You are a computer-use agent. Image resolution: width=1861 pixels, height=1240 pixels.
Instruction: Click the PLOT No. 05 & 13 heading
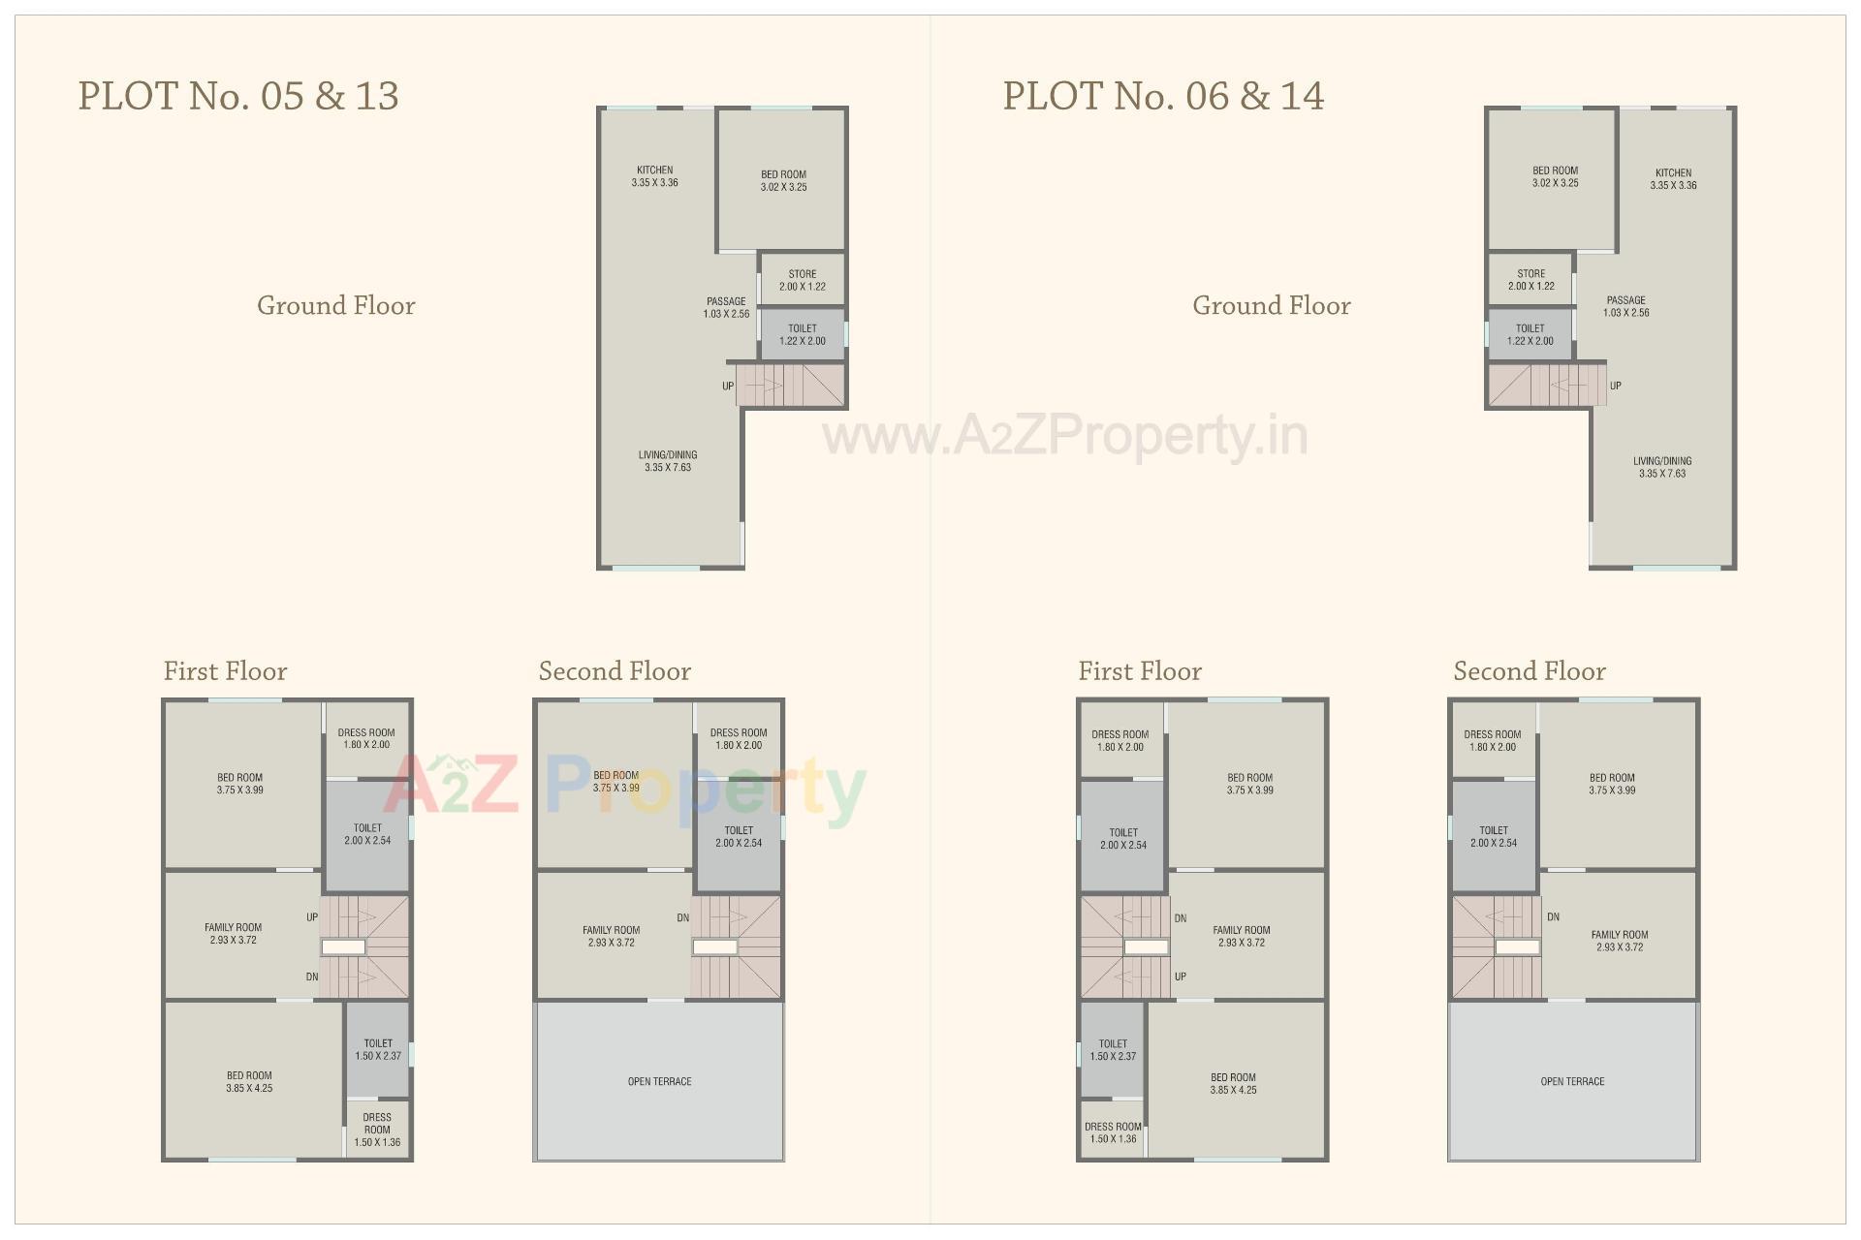[x=238, y=96]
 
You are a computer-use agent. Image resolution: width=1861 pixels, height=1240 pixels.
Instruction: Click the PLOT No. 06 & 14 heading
[x=1163, y=96]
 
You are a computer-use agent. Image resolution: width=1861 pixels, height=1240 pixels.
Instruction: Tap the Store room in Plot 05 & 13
[x=802, y=280]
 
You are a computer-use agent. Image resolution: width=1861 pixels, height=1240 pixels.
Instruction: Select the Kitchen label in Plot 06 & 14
[x=1673, y=178]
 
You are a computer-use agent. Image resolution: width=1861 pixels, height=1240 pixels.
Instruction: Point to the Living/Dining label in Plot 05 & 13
[x=667, y=461]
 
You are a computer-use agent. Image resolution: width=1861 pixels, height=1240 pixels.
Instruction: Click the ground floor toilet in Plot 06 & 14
[x=1530, y=334]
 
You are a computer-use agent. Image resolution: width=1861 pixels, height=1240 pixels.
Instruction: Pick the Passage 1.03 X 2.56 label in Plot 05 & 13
[x=726, y=307]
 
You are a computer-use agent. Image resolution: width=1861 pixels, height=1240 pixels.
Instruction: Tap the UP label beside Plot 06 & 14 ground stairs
[x=1616, y=386]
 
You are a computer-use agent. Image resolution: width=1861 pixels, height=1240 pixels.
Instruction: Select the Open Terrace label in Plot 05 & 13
[x=659, y=1081]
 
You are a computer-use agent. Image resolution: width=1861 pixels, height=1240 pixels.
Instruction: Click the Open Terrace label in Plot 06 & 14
[x=1572, y=1081]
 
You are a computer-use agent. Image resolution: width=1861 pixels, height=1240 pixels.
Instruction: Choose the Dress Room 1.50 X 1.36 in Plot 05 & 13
[x=377, y=1130]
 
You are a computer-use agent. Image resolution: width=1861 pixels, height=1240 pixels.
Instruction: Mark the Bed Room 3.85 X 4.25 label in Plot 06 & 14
[x=1233, y=1083]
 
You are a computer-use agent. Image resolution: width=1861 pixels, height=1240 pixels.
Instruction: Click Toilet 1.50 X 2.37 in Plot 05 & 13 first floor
[x=378, y=1049]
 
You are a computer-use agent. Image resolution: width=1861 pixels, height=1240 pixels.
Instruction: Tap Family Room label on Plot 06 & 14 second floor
[x=1620, y=941]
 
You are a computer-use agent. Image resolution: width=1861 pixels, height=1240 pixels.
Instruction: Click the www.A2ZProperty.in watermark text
[x=1065, y=436]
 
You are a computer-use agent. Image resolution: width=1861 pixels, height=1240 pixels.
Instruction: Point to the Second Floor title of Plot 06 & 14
[x=1529, y=671]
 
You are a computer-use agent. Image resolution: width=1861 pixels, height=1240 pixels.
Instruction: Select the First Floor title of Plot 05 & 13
[x=225, y=671]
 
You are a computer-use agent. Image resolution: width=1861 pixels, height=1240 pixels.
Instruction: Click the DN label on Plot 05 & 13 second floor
[x=683, y=917]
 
